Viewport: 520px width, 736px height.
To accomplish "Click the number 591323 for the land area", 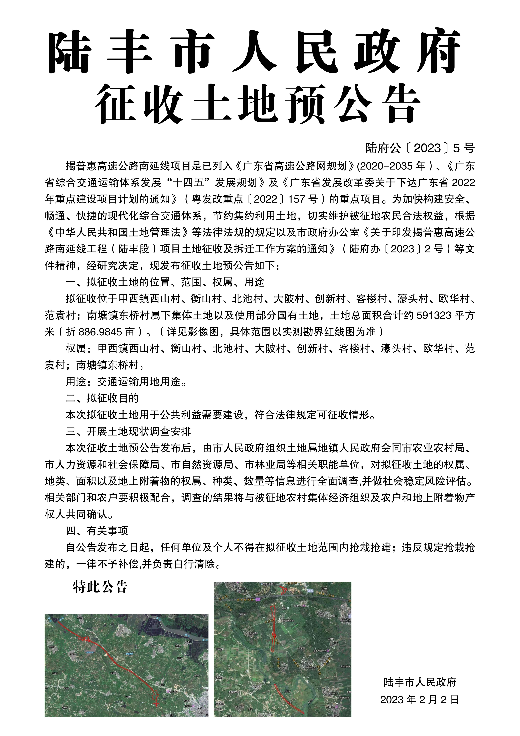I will coord(434,316).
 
